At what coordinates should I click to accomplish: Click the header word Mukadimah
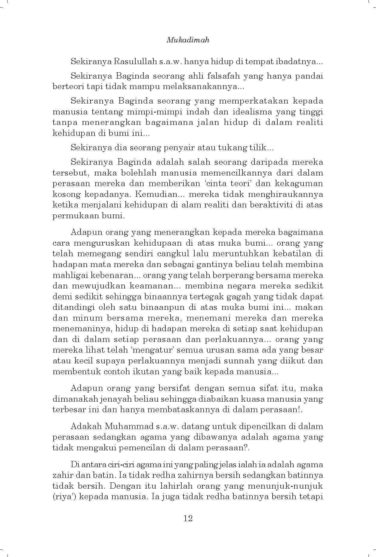coord(188,40)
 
